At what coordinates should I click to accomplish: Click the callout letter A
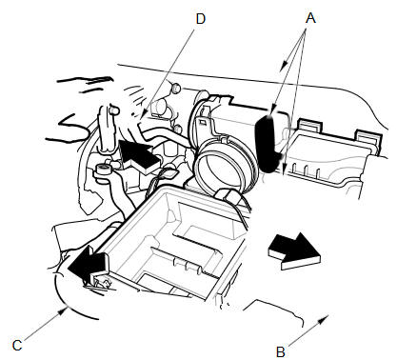[310, 18]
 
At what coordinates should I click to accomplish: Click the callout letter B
[280, 352]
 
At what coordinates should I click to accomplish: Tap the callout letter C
[17, 346]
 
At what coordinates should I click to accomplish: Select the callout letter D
[201, 19]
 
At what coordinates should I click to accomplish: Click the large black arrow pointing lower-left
[88, 265]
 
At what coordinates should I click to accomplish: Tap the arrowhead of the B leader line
[325, 318]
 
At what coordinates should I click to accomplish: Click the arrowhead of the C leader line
[63, 311]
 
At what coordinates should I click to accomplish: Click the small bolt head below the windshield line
[175, 88]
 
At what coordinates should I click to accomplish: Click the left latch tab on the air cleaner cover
[310, 126]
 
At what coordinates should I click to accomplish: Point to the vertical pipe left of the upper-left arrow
[107, 128]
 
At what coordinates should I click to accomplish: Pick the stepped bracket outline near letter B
[275, 310]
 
